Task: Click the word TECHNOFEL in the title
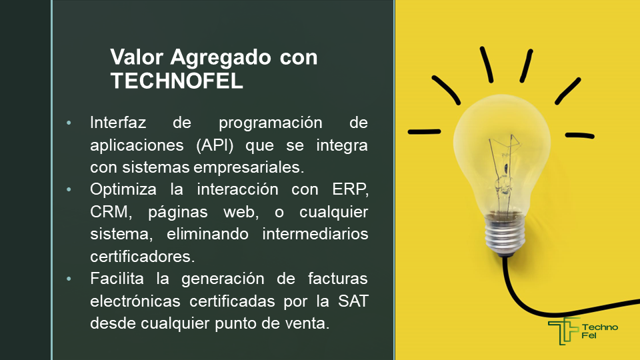177,81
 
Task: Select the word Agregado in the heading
221,57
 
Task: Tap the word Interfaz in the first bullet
118,123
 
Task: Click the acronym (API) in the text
215,145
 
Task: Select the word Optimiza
123,190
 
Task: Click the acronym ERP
350,189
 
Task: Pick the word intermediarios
315,234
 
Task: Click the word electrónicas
135,301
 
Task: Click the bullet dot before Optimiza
69,189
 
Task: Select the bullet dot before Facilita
69,279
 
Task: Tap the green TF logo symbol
564,331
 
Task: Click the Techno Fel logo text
600,331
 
